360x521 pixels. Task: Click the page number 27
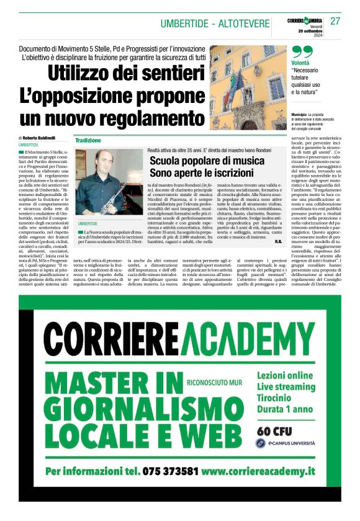click(335, 21)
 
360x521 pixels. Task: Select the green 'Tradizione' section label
click(88, 141)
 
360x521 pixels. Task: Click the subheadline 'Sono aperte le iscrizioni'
click(202, 174)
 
